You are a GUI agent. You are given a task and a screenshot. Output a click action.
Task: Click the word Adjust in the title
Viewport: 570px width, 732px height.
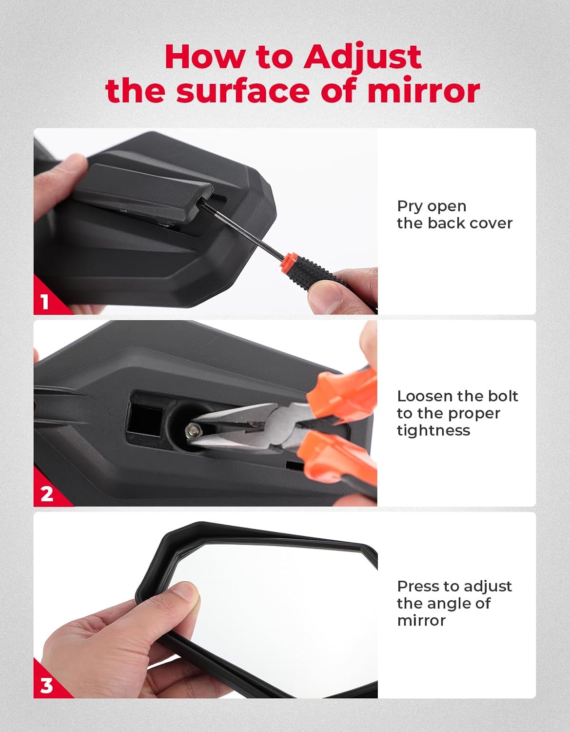pyautogui.click(x=362, y=58)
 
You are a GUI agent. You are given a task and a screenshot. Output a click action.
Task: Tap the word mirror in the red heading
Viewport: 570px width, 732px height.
pyautogui.click(x=423, y=91)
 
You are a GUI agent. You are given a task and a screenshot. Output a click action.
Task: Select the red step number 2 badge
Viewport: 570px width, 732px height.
pyautogui.click(x=46, y=494)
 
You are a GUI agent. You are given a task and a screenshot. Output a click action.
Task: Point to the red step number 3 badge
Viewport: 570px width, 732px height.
pyautogui.click(x=46, y=685)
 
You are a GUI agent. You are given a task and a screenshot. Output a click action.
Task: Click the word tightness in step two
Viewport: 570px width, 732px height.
pyautogui.click(x=433, y=430)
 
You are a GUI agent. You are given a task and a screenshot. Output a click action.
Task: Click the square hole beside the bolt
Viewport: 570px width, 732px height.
pyautogui.click(x=145, y=419)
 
